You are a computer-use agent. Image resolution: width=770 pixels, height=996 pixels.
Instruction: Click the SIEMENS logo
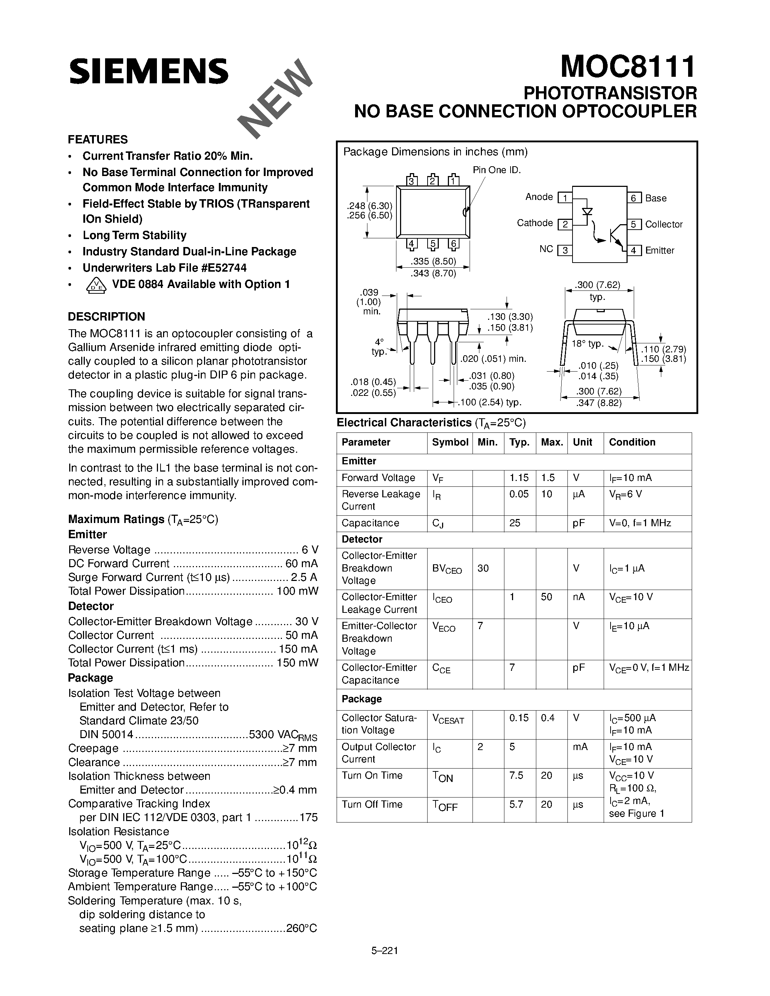click(149, 72)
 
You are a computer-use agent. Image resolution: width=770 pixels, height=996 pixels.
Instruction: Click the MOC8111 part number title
click(628, 67)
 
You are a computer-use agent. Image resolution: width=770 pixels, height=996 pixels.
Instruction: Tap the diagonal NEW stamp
click(275, 99)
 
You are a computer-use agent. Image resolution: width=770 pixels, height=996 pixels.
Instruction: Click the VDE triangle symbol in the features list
click(96, 285)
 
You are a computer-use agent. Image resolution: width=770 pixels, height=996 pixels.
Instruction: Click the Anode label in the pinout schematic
click(539, 197)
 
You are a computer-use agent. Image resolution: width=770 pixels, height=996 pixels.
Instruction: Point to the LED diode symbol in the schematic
click(587, 212)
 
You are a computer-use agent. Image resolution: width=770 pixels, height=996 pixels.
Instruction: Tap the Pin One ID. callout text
click(496, 170)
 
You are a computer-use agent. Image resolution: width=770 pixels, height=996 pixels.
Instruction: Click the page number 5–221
click(384, 951)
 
